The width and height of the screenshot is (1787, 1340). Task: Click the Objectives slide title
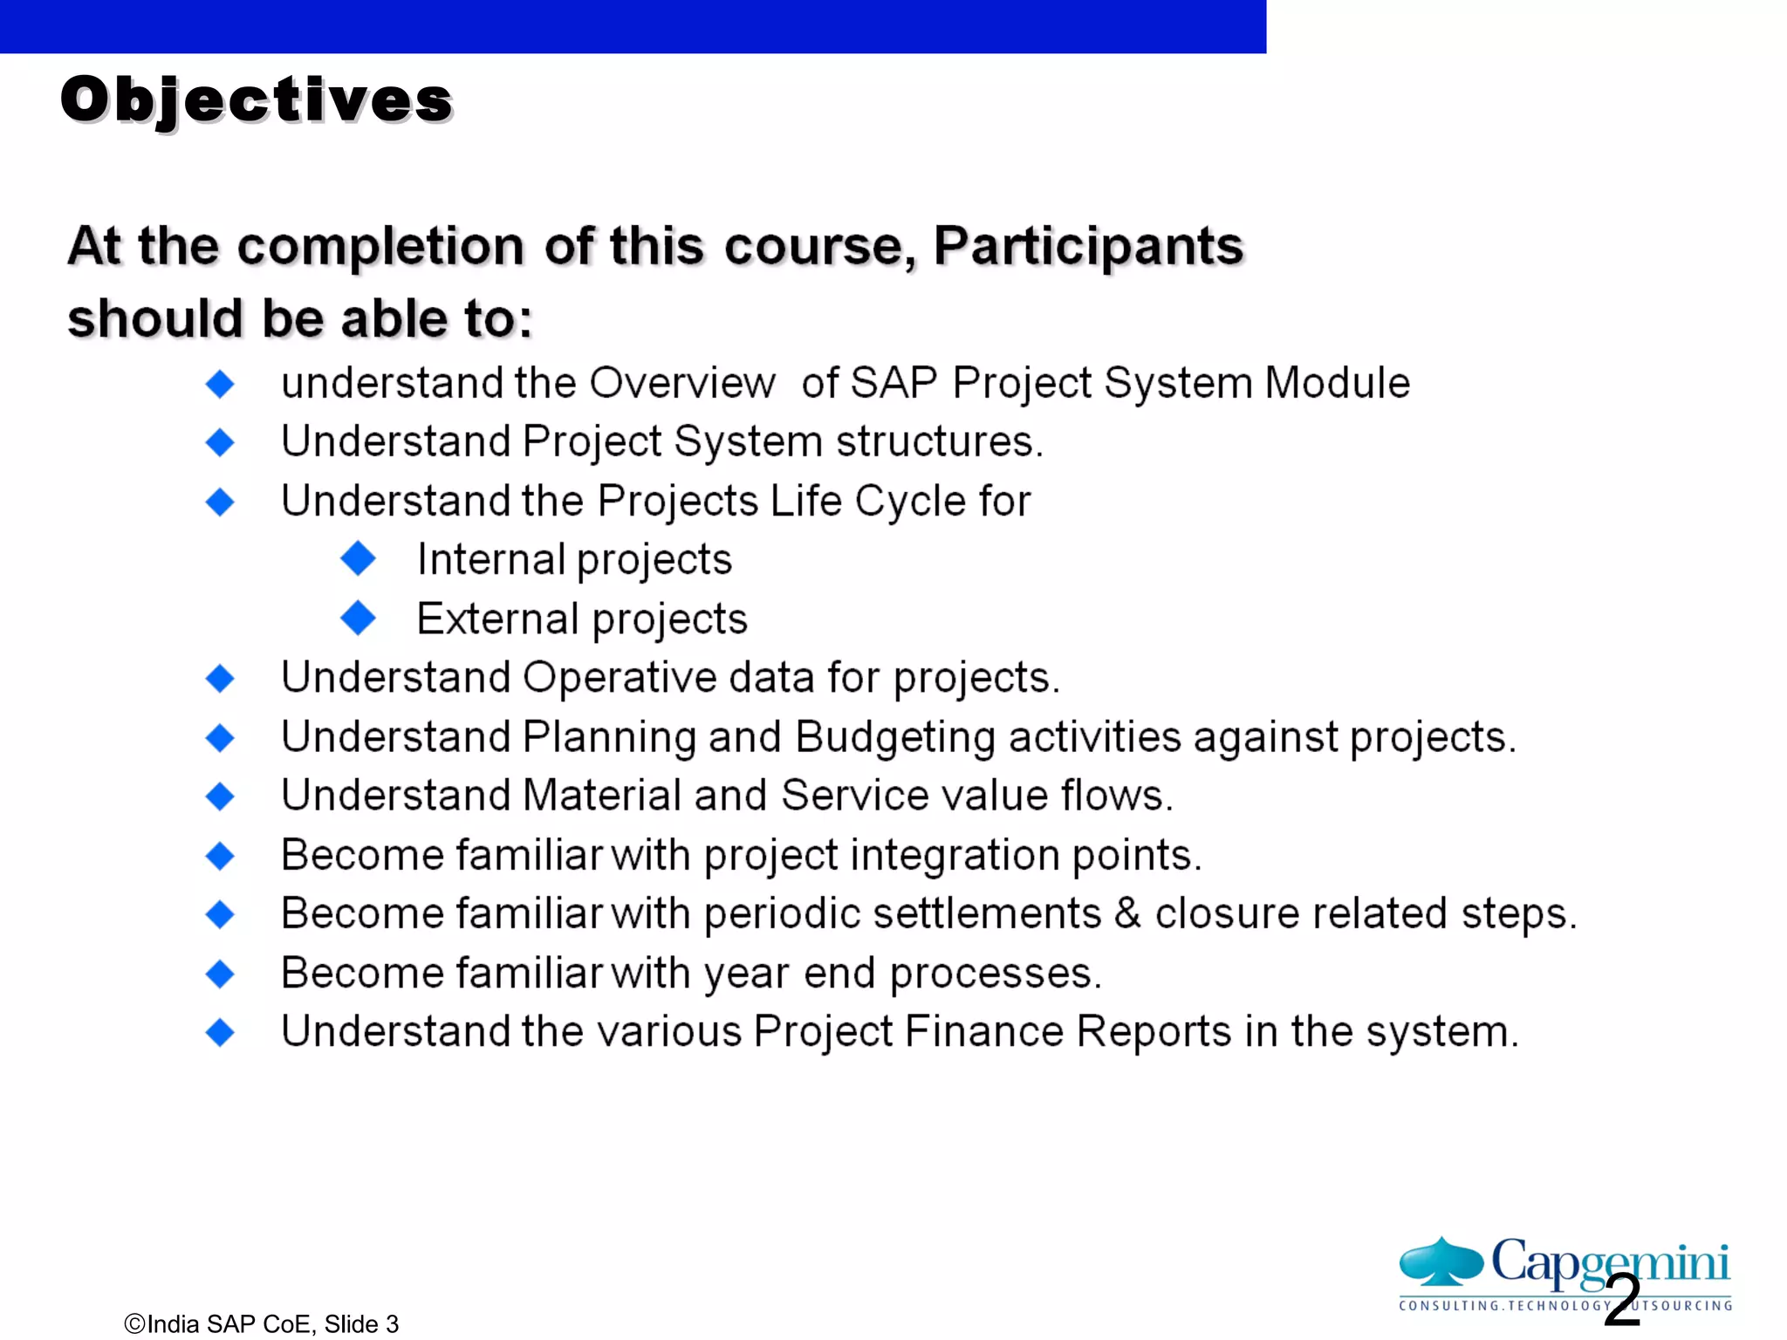click(x=257, y=99)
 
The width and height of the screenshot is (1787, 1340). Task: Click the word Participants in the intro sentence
click(x=1088, y=245)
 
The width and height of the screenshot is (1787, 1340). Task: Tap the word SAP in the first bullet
click(x=893, y=383)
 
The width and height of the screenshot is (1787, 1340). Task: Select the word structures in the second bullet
click(x=939, y=441)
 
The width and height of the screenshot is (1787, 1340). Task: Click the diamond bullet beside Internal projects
click(x=358, y=558)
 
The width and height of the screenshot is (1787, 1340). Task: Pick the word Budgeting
click(x=895, y=737)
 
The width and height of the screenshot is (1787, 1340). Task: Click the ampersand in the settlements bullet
click(x=1127, y=913)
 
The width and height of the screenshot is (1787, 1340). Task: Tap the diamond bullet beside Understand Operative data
click(x=220, y=678)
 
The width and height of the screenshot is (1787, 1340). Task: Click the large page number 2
click(x=1622, y=1301)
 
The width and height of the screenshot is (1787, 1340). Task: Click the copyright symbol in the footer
click(x=134, y=1324)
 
